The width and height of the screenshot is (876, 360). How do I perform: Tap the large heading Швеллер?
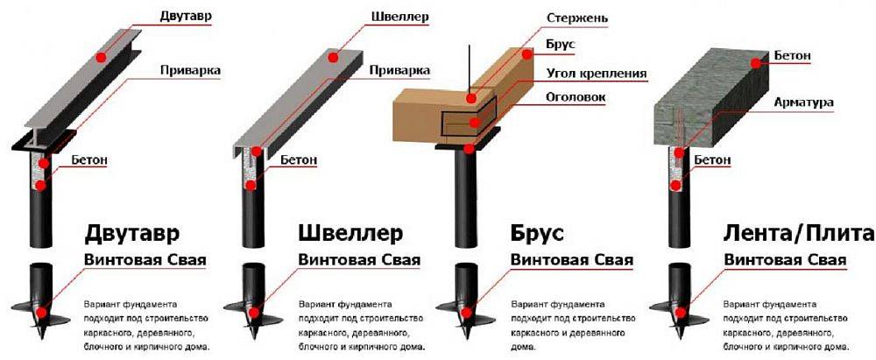(x=350, y=234)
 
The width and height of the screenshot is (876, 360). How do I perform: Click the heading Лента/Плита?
(x=798, y=234)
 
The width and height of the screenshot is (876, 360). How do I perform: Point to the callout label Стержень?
(x=577, y=18)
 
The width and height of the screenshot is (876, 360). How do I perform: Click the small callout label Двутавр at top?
(x=187, y=16)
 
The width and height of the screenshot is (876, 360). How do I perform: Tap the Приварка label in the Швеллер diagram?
(x=399, y=70)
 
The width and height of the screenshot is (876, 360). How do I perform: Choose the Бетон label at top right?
(x=792, y=57)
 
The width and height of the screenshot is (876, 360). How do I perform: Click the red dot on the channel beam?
(x=332, y=57)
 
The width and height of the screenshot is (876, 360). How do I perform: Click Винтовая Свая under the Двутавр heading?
(x=145, y=260)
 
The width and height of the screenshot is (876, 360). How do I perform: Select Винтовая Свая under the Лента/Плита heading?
(x=786, y=260)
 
